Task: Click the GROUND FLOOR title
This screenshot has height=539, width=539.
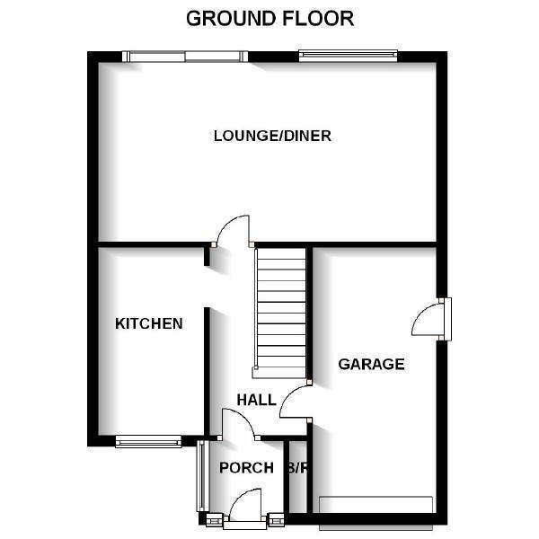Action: (x=269, y=18)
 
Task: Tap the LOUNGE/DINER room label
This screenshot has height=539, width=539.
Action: (x=272, y=137)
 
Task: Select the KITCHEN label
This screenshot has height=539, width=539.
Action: (x=149, y=323)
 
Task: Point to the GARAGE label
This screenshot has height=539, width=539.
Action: (x=371, y=364)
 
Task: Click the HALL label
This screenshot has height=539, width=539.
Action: (x=256, y=400)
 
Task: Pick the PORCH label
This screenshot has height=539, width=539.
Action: (x=246, y=467)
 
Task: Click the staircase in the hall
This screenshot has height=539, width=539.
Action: (x=280, y=310)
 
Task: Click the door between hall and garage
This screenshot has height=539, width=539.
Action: (x=295, y=402)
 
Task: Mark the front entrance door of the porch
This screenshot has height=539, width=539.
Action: (x=245, y=507)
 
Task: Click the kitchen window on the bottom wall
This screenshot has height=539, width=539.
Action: (x=148, y=441)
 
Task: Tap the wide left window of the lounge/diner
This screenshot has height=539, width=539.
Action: (x=185, y=56)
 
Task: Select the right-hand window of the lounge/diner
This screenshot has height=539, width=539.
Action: (x=348, y=56)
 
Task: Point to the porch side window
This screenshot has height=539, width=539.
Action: (x=201, y=476)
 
